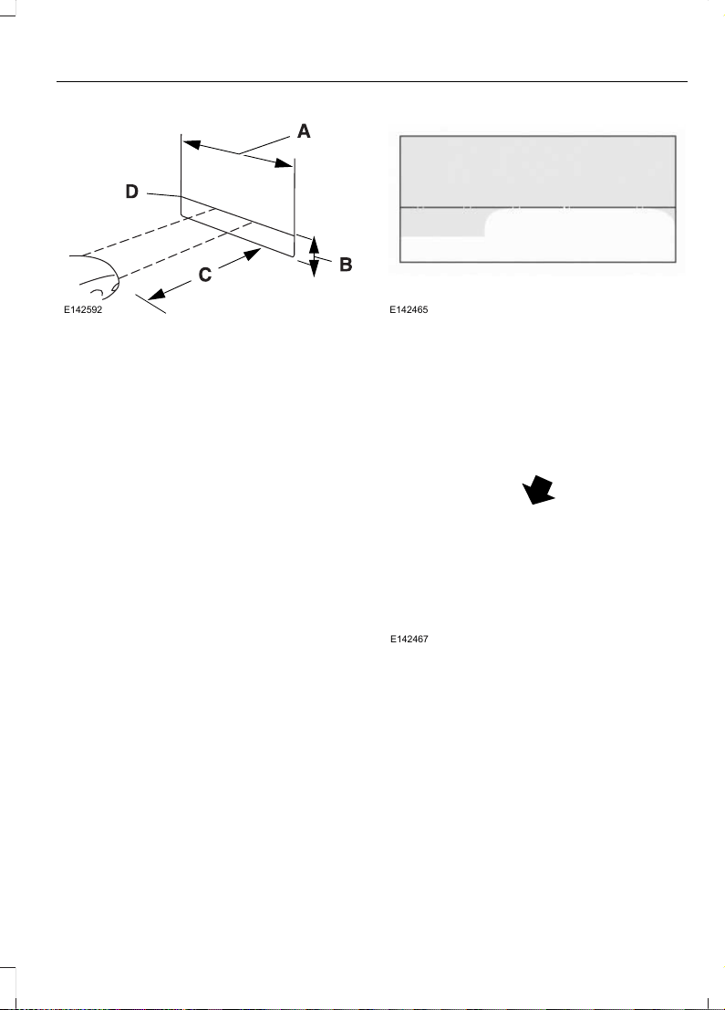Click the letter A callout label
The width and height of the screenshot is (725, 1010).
(x=304, y=131)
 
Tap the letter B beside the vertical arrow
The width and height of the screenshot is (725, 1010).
(x=346, y=264)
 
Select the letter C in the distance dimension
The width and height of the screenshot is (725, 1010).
(x=205, y=275)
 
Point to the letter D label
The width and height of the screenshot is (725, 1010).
(x=131, y=192)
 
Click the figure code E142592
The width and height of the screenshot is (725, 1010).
(x=82, y=310)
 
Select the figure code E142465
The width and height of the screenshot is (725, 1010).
(x=409, y=310)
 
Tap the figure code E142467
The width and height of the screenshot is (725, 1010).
(x=409, y=640)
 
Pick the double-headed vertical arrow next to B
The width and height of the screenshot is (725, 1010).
(x=314, y=256)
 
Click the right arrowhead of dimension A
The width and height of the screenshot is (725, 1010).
(x=284, y=163)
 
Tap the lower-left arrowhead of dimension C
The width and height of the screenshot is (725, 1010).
(x=157, y=293)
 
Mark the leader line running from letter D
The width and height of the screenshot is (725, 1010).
(x=164, y=194)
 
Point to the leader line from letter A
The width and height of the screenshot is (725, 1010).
(x=264, y=145)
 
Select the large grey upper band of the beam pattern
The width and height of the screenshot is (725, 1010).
(x=538, y=172)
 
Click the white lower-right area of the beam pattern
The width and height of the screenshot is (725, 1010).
(x=579, y=235)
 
